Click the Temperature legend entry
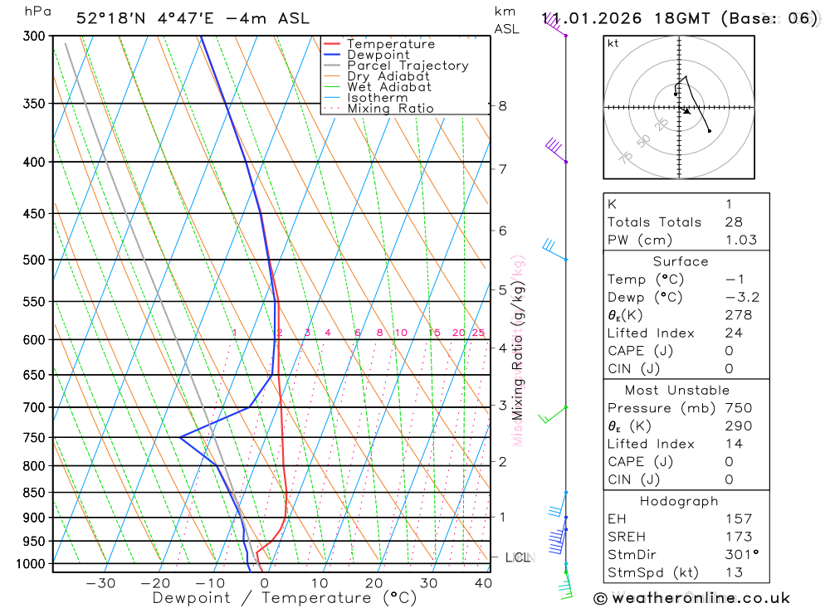(390, 44)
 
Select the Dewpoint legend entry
(378, 55)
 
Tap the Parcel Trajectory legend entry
(407, 66)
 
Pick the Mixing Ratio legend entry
(390, 108)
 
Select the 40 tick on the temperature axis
(482, 583)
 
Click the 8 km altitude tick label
(502, 105)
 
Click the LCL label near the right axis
(517, 557)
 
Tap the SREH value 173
(739, 537)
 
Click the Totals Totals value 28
(734, 221)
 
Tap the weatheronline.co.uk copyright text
(691, 597)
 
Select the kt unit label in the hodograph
(613, 43)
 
